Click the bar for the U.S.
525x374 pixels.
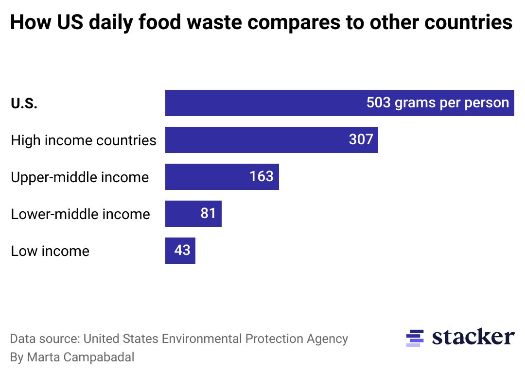coord(262,103)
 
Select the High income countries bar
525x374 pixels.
coord(253,140)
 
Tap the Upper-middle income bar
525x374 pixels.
coord(204,177)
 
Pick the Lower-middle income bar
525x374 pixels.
coord(182,214)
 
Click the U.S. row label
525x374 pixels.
coord(24,103)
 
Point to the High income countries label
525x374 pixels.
coord(84,140)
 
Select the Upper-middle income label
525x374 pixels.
coord(80,177)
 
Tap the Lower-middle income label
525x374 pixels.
coord(80,214)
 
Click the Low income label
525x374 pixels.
coord(50,251)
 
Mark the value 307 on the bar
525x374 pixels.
coord(361,140)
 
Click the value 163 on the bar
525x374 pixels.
coord(262,176)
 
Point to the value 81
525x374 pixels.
coord(208,213)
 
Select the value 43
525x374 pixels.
coord(182,250)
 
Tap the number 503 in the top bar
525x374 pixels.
coord(379,103)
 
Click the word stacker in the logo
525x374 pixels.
coord(473,337)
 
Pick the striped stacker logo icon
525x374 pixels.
coord(415,338)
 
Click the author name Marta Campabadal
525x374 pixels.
coord(81,357)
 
